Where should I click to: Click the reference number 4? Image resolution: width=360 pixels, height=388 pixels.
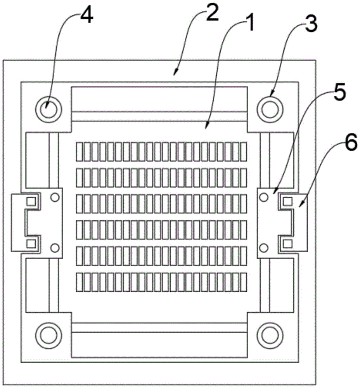[86, 16]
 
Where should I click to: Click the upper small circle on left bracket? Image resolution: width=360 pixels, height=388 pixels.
[55, 197]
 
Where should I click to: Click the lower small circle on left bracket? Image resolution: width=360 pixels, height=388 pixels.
[55, 247]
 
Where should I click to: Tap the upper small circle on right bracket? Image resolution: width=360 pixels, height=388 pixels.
[264, 197]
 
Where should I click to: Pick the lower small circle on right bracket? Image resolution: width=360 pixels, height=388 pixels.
[264, 247]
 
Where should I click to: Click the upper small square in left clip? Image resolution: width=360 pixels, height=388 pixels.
[30, 201]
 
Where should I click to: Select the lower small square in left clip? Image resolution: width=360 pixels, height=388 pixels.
[30, 243]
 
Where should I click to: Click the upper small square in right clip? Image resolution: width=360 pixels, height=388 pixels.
[287, 201]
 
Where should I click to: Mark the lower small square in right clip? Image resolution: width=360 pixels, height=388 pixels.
[287, 243]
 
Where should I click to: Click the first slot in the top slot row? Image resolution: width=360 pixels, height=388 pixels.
[80, 152]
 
